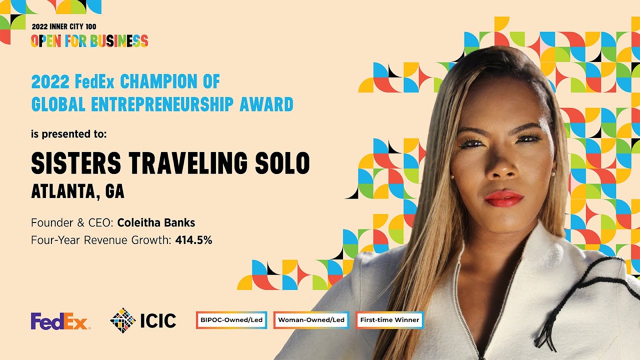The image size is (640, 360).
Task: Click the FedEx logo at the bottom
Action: (x=60, y=321)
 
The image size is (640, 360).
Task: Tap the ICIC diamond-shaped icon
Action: (x=123, y=320)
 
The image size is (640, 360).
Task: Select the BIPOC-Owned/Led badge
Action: (x=231, y=320)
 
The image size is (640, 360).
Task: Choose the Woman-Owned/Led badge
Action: (x=311, y=320)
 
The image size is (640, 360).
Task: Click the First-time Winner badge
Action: (x=389, y=320)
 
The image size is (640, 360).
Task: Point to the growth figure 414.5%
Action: (x=193, y=240)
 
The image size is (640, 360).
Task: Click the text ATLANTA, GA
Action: (x=77, y=191)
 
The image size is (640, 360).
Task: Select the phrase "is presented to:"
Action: (x=68, y=134)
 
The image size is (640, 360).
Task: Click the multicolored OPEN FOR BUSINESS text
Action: (x=89, y=40)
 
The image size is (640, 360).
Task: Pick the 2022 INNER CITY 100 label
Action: (x=64, y=26)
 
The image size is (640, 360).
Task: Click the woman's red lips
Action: (x=503, y=198)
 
